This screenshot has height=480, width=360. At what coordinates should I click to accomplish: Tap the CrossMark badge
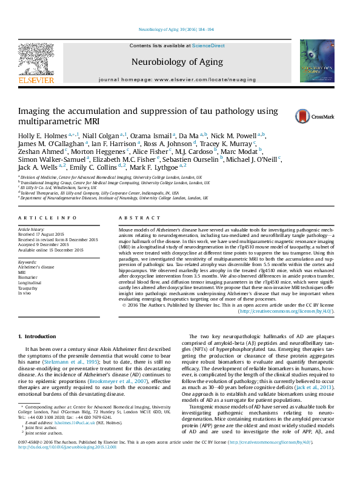pyautogui.click(x=293, y=116)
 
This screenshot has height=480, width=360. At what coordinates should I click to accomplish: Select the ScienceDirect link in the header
pyautogui.click(x=209, y=46)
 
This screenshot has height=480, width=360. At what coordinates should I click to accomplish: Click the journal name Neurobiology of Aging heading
pyautogui.click(x=177, y=62)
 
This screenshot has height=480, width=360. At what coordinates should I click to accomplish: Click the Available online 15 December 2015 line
pyautogui.click(x=49, y=250)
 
